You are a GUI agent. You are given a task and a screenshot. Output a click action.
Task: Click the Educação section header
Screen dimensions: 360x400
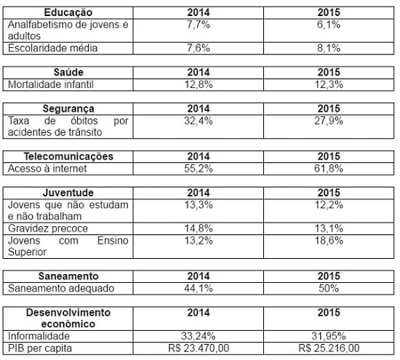tap(68, 13)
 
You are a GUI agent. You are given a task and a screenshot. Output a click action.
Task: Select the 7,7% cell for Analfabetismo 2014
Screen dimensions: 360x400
tap(198, 25)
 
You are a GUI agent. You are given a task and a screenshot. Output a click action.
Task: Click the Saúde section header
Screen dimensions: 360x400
tap(68, 72)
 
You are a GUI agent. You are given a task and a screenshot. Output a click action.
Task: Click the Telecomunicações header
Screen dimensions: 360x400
tap(68, 156)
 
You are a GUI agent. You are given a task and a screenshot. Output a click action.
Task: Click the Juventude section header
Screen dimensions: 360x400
tap(68, 192)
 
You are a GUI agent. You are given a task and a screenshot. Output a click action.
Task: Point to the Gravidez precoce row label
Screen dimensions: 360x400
tap(44, 228)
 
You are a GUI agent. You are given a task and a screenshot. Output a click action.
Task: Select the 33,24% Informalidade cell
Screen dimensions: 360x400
tap(198, 335)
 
